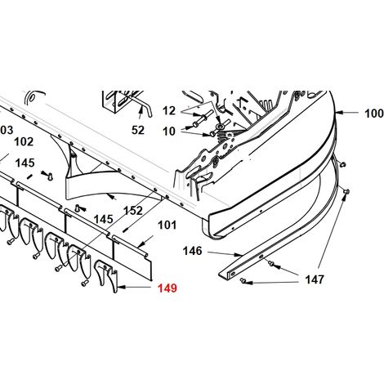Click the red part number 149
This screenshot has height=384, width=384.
coord(167,288)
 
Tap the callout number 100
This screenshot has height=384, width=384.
coord(374,114)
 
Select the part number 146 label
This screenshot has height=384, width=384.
coord(192,251)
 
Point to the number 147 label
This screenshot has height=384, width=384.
coord(315,279)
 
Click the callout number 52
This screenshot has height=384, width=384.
coord(138,130)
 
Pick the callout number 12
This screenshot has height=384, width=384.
coord(169,111)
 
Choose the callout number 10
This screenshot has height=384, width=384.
coord(169,132)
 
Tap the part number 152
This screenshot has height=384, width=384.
coord(133,211)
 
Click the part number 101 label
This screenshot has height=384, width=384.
coord(167,225)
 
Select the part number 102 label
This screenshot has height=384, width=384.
coord(24,141)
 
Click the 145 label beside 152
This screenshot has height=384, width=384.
coord(104,219)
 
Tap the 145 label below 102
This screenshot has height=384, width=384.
coord(25,163)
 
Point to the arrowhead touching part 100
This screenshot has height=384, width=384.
coord(338,113)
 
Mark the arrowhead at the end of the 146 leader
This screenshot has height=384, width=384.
coord(239,255)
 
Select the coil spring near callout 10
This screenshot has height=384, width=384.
coord(223,135)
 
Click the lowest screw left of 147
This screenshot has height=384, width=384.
coord(242,280)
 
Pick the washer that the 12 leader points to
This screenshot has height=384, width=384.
coord(220,127)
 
